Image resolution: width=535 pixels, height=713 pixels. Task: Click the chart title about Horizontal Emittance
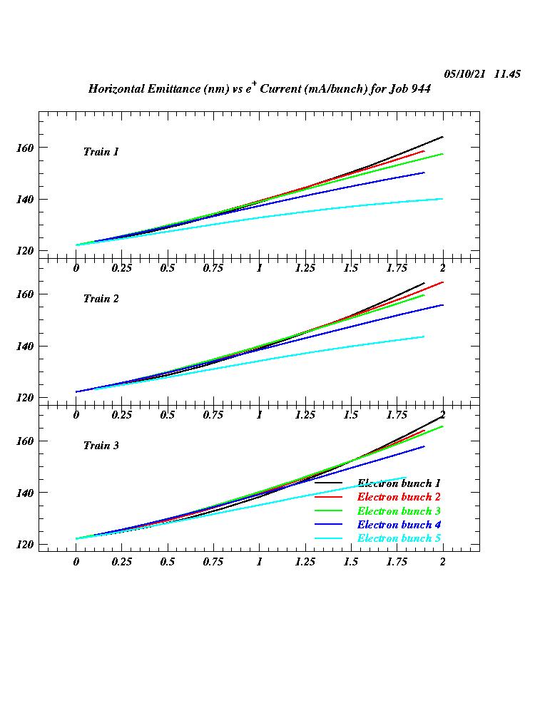pos(259,88)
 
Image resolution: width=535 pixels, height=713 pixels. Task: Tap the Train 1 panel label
pos(101,152)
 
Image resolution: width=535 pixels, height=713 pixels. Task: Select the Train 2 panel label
pos(101,299)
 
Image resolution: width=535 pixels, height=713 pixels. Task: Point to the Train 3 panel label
pos(101,446)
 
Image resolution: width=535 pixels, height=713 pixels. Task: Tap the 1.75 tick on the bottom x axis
pos(397,561)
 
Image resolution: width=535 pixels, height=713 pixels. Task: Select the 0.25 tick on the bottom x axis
pos(122,561)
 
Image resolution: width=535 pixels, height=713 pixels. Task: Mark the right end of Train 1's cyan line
pos(442,199)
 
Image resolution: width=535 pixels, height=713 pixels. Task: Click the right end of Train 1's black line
pos(442,137)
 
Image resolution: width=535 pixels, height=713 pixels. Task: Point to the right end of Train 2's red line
pos(442,282)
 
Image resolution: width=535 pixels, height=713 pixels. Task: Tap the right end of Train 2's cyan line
pos(424,337)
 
